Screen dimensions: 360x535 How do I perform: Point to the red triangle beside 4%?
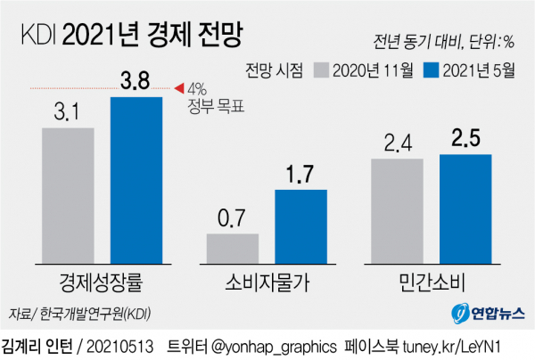(x=178, y=87)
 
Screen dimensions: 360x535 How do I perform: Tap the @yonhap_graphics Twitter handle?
(x=272, y=345)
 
